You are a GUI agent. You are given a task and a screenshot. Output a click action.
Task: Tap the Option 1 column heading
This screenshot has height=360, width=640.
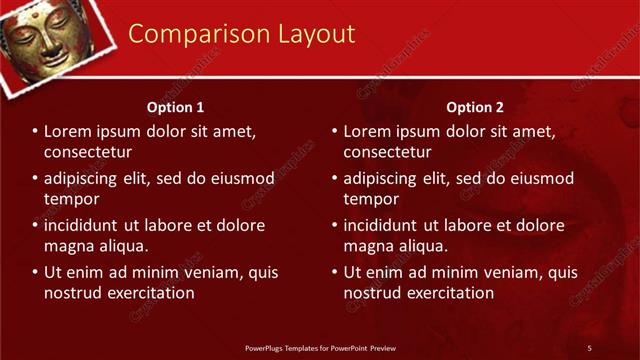coord(176,107)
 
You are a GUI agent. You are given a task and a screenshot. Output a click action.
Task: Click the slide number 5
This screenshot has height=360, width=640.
coord(589,348)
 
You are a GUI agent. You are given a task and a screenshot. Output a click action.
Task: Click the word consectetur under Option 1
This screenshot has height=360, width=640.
coord(88,152)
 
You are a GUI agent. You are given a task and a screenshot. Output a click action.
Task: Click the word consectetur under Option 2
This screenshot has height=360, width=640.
coord(388,152)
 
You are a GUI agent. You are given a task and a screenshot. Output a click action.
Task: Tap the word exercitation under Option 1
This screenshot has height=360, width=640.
coord(145,293)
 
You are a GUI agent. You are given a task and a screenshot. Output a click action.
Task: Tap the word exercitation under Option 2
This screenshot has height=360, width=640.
coord(445,293)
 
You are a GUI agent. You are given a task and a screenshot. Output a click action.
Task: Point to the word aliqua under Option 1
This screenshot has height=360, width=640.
coord(123,246)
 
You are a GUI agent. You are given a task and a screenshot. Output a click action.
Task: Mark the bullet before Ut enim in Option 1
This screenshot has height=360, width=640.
coord(35,272)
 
